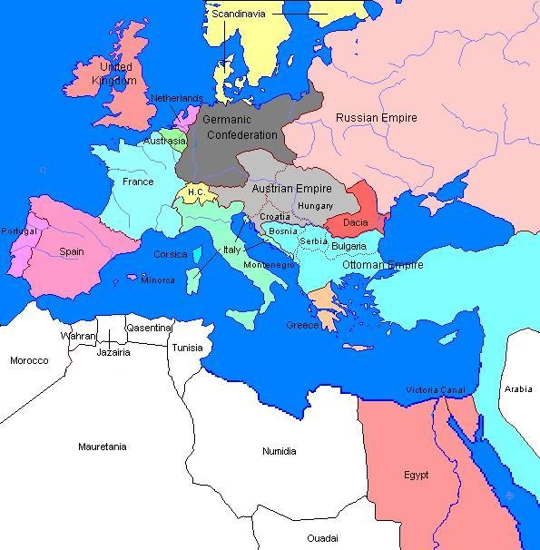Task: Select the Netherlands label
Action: coord(176,98)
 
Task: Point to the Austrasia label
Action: coord(164,142)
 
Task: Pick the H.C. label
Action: coord(196,192)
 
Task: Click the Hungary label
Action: coord(315,206)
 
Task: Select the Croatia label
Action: coord(275,217)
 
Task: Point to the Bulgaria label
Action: coord(349,246)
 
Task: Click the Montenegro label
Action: coord(270,265)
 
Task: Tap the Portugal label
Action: coord(19,231)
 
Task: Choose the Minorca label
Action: coord(158,280)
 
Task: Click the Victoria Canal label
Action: coord(435,390)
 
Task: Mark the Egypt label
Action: coord(416,475)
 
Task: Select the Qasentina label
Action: coord(149,328)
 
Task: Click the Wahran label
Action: coord(77,336)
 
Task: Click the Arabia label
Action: coord(518,388)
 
